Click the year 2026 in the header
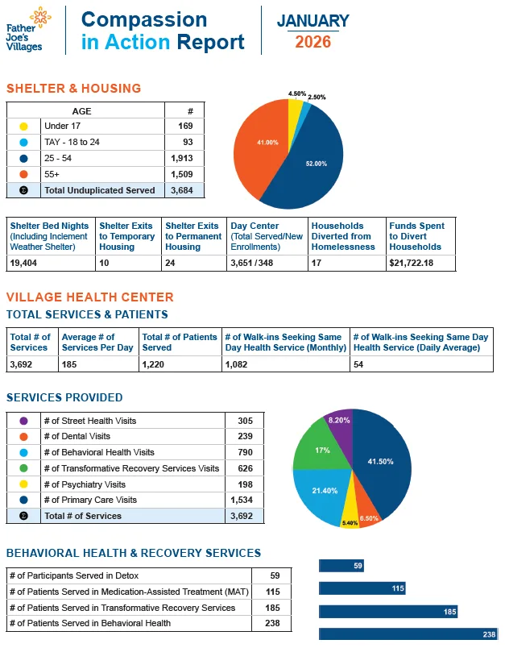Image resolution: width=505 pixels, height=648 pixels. (313, 42)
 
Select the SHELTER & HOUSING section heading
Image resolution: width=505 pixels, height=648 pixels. (73, 89)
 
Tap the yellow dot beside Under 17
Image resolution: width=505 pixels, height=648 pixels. (23, 127)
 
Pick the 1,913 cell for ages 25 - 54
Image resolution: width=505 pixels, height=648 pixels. (182, 158)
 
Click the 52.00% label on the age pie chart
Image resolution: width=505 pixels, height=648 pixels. (316, 164)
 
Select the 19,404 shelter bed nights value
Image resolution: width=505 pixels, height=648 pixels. (27, 263)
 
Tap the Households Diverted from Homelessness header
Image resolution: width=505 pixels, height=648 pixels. (343, 236)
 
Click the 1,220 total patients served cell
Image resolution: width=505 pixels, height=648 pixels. (157, 363)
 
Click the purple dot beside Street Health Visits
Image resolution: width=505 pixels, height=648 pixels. (23, 421)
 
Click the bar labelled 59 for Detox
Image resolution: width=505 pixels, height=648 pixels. (341, 566)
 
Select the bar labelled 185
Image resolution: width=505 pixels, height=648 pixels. (387, 612)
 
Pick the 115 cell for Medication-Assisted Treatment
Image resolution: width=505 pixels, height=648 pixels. (271, 592)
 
